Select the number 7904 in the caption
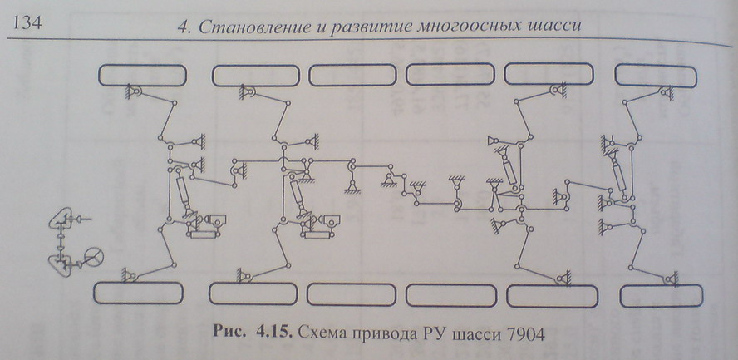[524, 335]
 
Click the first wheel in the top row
[143, 76]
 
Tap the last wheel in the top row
[656, 76]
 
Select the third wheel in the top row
[352, 76]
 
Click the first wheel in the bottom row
[138, 293]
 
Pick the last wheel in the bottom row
[662, 296]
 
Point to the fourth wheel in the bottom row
[451, 295]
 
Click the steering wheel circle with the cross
[94, 258]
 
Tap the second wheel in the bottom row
[253, 294]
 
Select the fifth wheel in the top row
[549, 74]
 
